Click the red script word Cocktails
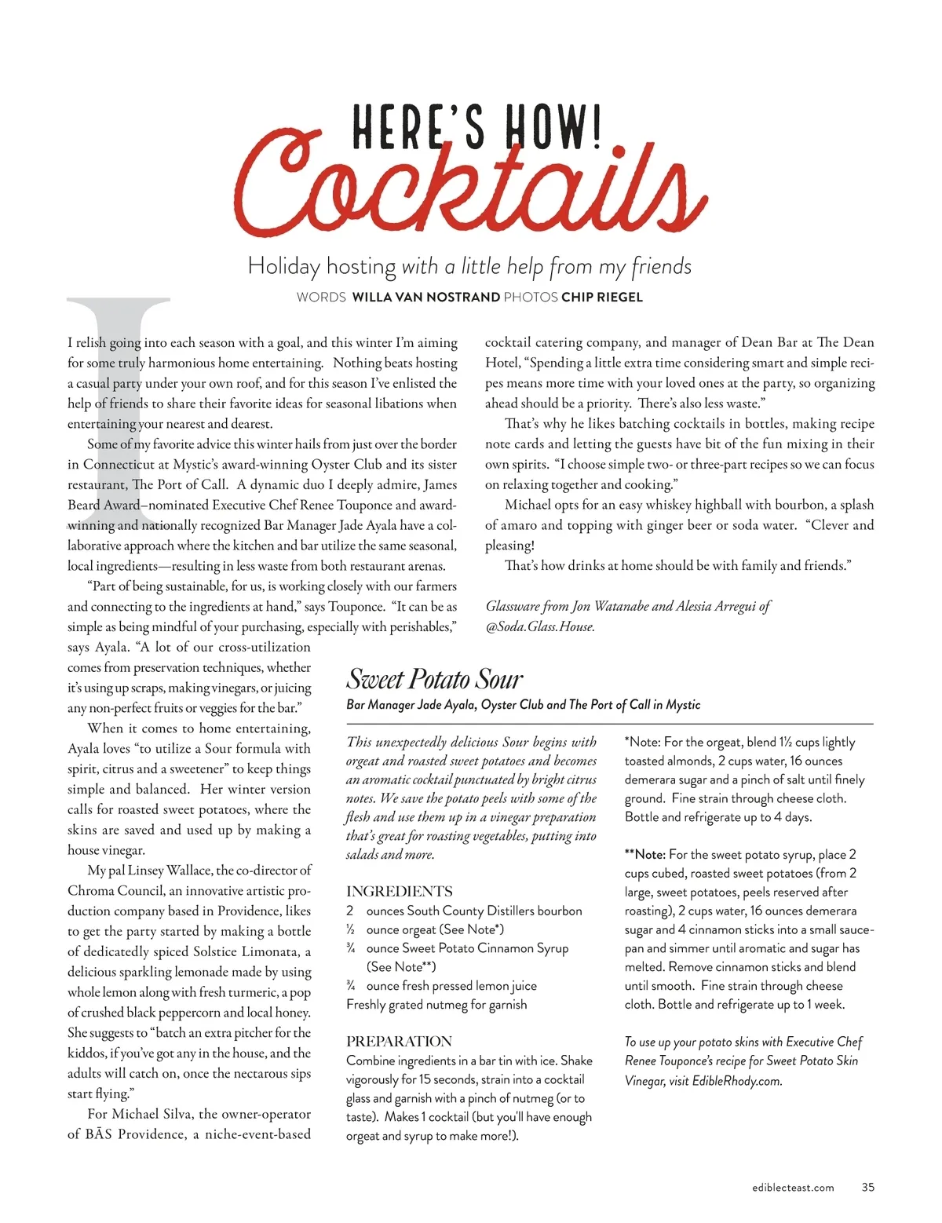pyautogui.click(x=471, y=184)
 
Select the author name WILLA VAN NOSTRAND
pyautogui.click(x=425, y=298)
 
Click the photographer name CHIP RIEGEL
pyautogui.click(x=602, y=298)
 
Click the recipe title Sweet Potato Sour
pyautogui.click(x=434, y=679)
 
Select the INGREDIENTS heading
pyautogui.click(x=399, y=892)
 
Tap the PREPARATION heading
pyautogui.click(x=399, y=1042)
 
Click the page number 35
pyautogui.click(x=867, y=1187)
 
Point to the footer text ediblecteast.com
pyautogui.click(x=793, y=1188)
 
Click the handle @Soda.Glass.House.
pyautogui.click(x=540, y=626)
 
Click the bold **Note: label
pyautogui.click(x=644, y=854)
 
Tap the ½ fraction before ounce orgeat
pyautogui.click(x=350, y=929)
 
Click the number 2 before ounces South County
pyautogui.click(x=350, y=911)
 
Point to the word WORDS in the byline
pyautogui.click(x=321, y=298)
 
